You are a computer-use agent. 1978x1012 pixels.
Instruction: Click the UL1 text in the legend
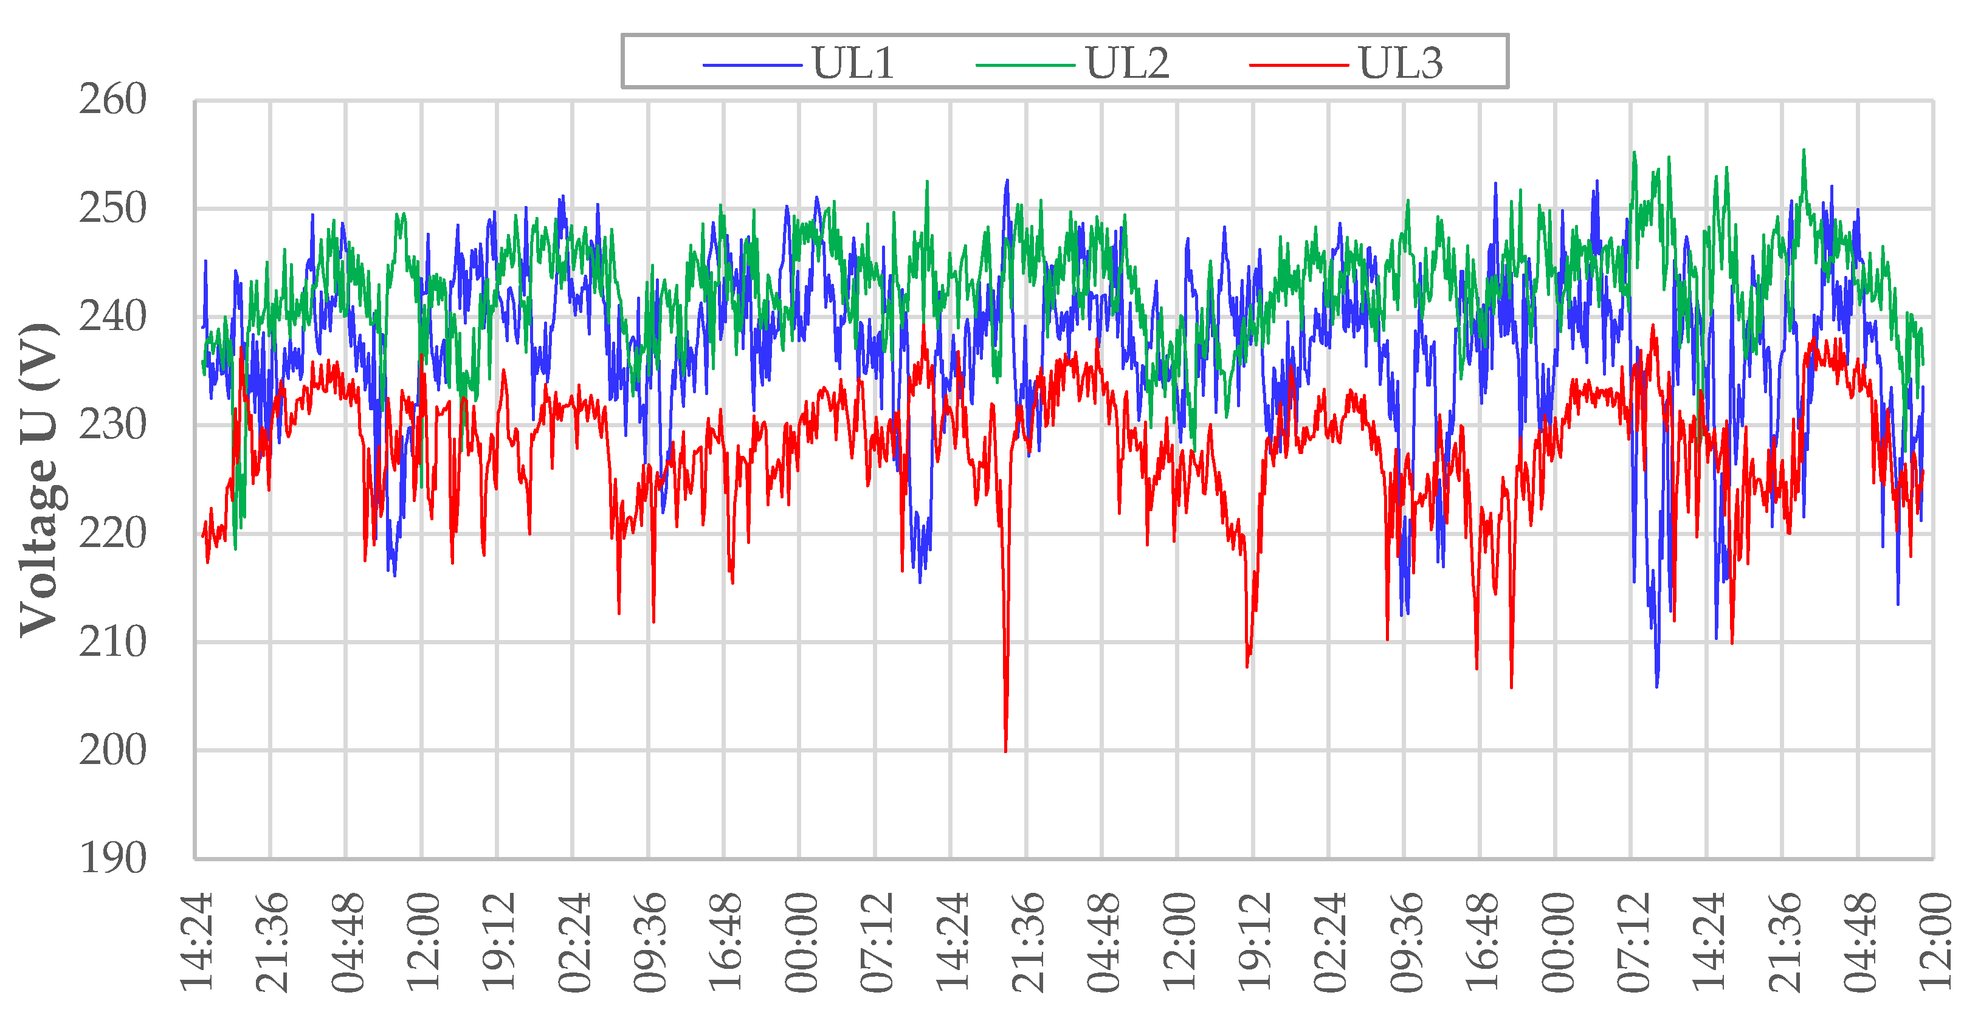(853, 63)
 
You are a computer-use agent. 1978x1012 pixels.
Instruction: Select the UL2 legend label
(1126, 63)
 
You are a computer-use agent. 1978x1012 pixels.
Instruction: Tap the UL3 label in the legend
(1401, 63)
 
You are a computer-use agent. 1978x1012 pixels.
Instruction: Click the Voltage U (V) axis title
(40, 480)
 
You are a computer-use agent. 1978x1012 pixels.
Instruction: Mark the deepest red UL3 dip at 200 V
(1005, 750)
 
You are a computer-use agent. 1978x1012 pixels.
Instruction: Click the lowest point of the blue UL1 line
(1656, 686)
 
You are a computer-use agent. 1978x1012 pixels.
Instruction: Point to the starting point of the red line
(202, 535)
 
